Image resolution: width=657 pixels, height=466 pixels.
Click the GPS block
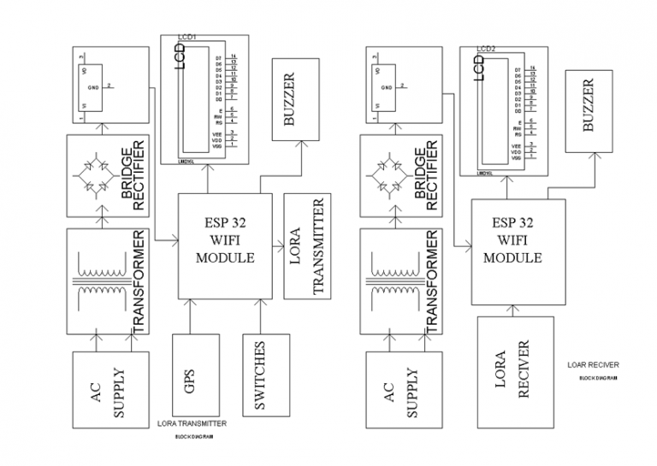[x=189, y=377]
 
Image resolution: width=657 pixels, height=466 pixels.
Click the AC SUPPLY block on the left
[x=109, y=389]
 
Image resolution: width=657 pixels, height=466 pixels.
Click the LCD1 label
[x=187, y=38]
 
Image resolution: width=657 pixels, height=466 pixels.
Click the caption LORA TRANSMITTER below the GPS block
[x=192, y=424]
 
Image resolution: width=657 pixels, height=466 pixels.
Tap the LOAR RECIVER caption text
[x=593, y=365]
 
